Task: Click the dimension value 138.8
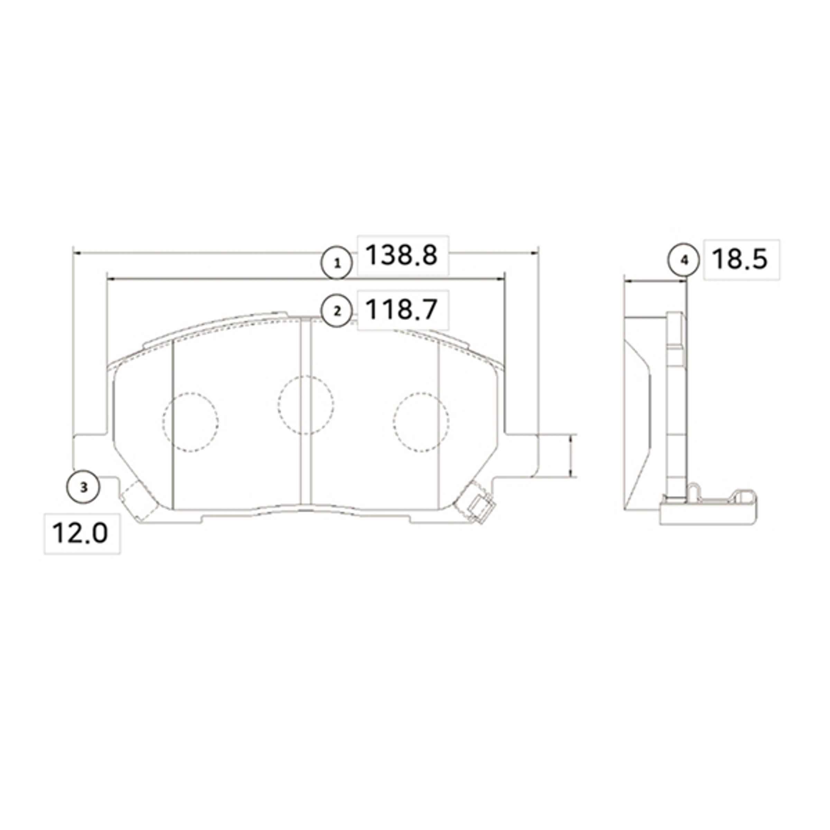tap(401, 255)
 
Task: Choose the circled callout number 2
tap(337, 311)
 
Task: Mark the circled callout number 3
tap(84, 488)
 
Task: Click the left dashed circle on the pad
tap(190, 422)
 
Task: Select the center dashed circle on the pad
tap(305, 405)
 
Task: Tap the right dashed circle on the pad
tap(421, 422)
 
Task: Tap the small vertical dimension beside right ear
tap(571, 456)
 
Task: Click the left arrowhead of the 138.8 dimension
tap(76, 253)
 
